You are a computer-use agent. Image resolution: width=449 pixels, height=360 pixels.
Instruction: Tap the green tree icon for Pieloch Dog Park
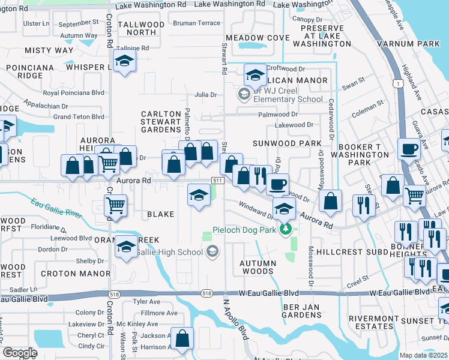pyautogui.click(x=287, y=229)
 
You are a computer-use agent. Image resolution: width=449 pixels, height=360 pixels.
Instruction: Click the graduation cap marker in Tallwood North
pyautogui.click(x=124, y=61)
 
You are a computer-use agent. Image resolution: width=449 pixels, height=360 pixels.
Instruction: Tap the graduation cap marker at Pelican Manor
pyautogui.click(x=255, y=75)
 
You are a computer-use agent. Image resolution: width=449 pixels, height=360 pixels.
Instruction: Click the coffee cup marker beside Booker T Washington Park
pyautogui.click(x=409, y=148)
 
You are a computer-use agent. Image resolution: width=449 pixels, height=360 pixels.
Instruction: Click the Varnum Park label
pyautogui.click(x=408, y=44)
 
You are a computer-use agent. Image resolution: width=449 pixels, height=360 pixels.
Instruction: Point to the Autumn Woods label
pyautogui.click(x=258, y=267)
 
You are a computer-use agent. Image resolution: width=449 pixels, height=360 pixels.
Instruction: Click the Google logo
pyautogui.click(x=20, y=353)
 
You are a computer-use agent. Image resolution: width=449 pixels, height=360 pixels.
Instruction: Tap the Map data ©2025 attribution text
pyautogui.click(x=423, y=355)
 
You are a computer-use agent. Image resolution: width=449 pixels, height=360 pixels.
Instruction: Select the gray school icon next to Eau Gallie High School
pyautogui.click(x=211, y=252)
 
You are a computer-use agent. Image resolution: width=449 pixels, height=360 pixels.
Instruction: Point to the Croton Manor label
pyautogui.click(x=66, y=273)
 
